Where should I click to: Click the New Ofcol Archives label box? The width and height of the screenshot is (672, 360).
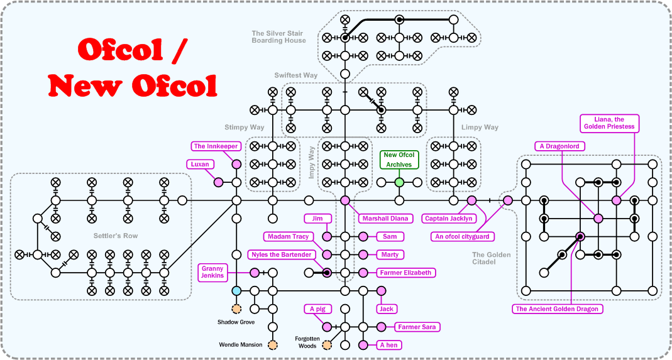399,160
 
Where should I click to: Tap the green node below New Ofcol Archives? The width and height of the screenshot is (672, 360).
399,182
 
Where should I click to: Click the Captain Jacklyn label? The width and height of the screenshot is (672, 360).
449,219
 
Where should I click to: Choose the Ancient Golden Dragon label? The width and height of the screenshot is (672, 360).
557,309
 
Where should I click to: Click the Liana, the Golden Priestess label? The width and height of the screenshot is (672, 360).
609,123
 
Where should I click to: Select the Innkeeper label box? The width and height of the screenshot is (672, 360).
216,146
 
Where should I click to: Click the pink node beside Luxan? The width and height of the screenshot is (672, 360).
219,182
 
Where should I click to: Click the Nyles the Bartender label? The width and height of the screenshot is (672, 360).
280,254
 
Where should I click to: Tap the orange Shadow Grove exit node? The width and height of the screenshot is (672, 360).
236,308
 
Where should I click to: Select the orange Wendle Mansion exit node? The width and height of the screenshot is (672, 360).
273,345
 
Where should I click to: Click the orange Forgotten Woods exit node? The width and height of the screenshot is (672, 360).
327,345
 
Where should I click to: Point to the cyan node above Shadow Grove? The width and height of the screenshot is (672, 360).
236,291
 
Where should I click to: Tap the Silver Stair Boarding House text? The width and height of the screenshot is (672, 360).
278,37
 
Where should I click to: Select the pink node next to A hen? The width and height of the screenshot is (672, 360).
363,345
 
